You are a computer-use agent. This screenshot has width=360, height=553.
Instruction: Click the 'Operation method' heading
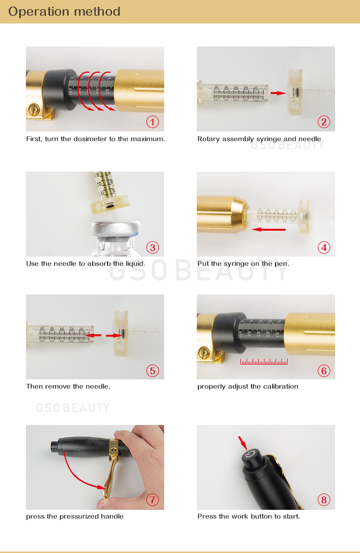click(x=64, y=12)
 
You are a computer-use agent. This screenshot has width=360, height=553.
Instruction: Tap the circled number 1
click(x=153, y=122)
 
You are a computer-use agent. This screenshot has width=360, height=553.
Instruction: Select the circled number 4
click(x=324, y=247)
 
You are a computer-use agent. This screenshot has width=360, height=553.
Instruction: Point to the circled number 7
click(x=153, y=499)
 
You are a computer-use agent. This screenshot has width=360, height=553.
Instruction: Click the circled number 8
click(x=324, y=499)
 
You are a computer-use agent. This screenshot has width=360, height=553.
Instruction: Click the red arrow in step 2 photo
click(x=278, y=93)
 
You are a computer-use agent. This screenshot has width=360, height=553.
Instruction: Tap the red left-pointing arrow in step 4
click(x=269, y=230)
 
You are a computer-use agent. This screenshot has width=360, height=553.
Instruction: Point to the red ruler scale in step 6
click(x=264, y=362)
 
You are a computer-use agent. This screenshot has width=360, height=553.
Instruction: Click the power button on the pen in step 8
click(x=251, y=455)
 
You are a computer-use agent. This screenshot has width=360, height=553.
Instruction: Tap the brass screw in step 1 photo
click(x=34, y=109)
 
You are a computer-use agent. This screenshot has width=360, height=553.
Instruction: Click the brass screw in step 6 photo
click(x=204, y=353)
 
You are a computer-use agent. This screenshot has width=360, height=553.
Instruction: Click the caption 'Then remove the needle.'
click(x=68, y=386)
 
